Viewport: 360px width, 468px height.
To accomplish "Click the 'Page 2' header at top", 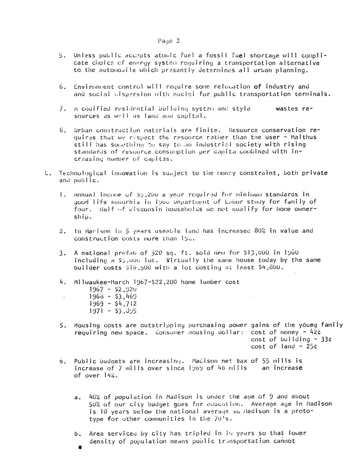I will [168, 41].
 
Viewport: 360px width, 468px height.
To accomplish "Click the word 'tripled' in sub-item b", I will [194, 433].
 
